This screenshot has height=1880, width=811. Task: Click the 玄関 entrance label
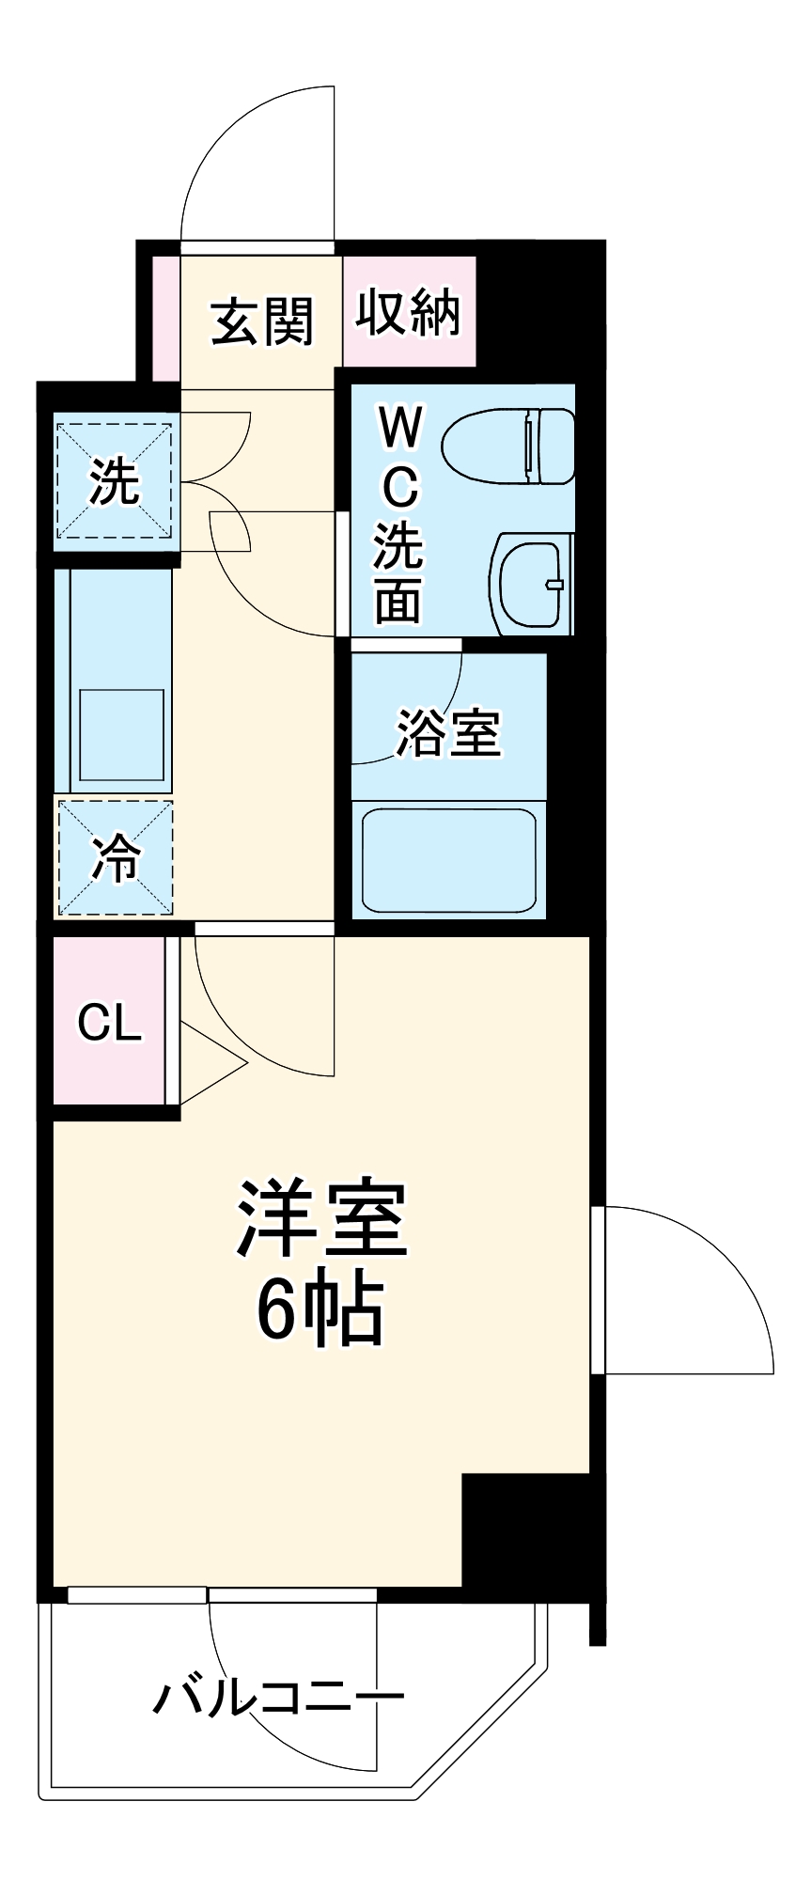click(261, 322)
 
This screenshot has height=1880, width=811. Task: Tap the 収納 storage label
click(408, 313)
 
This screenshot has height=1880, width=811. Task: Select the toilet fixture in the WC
click(507, 446)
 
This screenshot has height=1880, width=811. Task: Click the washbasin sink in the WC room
click(529, 584)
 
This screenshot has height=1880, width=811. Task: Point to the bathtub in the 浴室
click(448, 858)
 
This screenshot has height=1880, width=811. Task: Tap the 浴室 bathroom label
click(448, 732)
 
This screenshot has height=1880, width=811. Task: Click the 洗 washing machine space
click(115, 482)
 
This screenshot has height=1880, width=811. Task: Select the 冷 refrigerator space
click(115, 857)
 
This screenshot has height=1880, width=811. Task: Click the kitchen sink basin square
click(121, 736)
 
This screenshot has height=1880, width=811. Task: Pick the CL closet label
click(109, 1022)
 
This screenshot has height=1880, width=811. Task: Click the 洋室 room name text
click(320, 1219)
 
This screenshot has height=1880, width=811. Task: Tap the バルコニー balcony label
click(279, 1697)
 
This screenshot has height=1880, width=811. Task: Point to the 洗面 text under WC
click(399, 575)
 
